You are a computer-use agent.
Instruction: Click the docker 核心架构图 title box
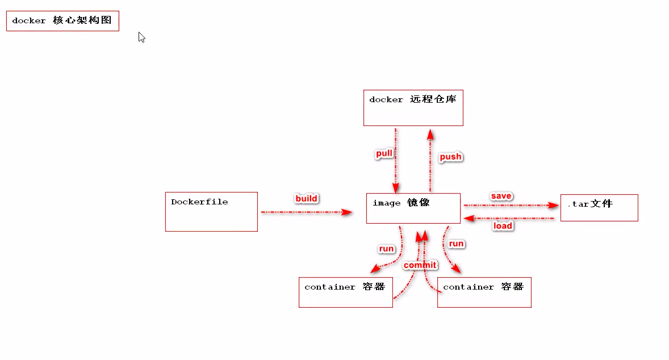(x=62, y=21)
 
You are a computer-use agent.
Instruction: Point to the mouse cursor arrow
(x=141, y=37)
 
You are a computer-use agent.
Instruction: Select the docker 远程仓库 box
(x=413, y=107)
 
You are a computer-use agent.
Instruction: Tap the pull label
(x=384, y=154)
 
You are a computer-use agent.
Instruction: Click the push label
(x=451, y=157)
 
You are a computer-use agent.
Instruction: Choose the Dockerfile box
(x=211, y=211)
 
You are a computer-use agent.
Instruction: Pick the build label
(x=307, y=198)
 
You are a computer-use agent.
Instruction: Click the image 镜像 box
(x=413, y=208)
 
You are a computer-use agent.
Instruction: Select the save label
(x=501, y=196)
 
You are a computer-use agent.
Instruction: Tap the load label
(x=503, y=226)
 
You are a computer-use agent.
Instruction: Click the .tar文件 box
(x=599, y=207)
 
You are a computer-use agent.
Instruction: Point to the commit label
(x=420, y=265)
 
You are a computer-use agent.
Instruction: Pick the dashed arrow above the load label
(x=508, y=218)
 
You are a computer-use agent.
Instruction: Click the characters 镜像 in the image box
(x=419, y=203)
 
